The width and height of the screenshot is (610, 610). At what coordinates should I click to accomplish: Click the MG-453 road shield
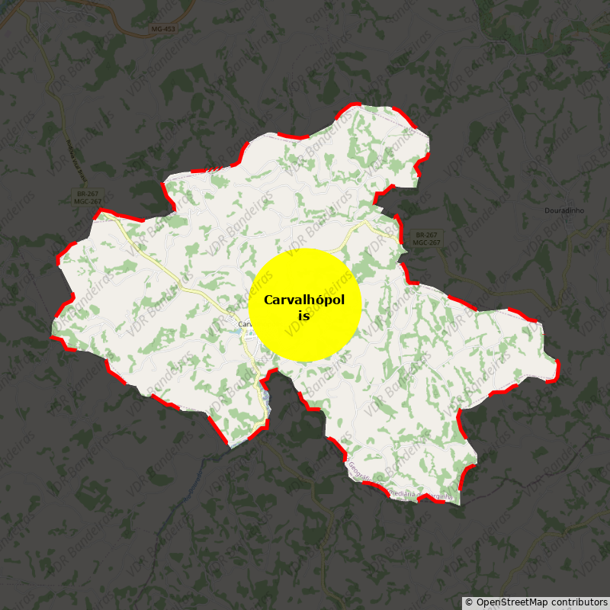(162, 29)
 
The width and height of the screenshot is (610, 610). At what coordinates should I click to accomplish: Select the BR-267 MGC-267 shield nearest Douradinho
(427, 239)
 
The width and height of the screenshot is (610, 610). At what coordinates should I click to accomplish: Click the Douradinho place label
(564, 210)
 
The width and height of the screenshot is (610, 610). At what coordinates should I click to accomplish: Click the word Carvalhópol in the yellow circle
(304, 300)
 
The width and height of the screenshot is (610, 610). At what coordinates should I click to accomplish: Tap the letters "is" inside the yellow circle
(304, 315)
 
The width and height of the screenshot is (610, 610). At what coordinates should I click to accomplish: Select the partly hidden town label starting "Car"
(244, 324)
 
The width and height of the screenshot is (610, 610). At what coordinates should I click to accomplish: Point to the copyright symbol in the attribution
(469, 602)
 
